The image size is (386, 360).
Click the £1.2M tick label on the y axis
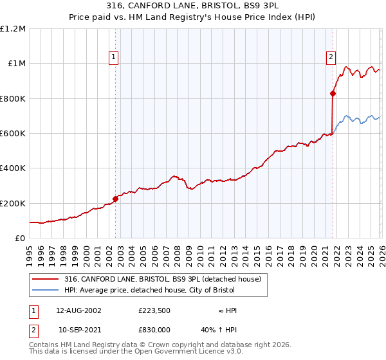point(13,29)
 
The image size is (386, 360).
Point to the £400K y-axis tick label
point(13,168)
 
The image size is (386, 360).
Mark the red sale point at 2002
point(115,199)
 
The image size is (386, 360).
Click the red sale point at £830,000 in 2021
point(333,94)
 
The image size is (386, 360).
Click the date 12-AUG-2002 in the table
point(78,310)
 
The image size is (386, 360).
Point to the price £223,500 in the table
point(154,310)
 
